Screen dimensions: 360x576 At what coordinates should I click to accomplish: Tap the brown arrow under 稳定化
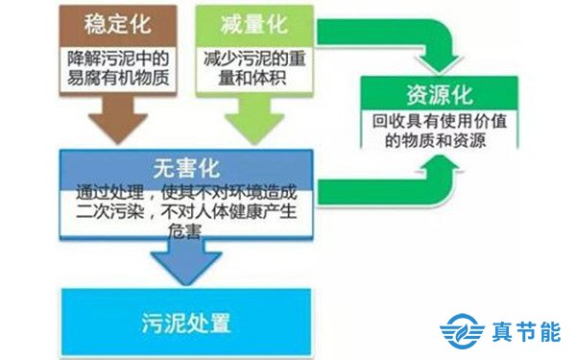coord(112,120)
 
